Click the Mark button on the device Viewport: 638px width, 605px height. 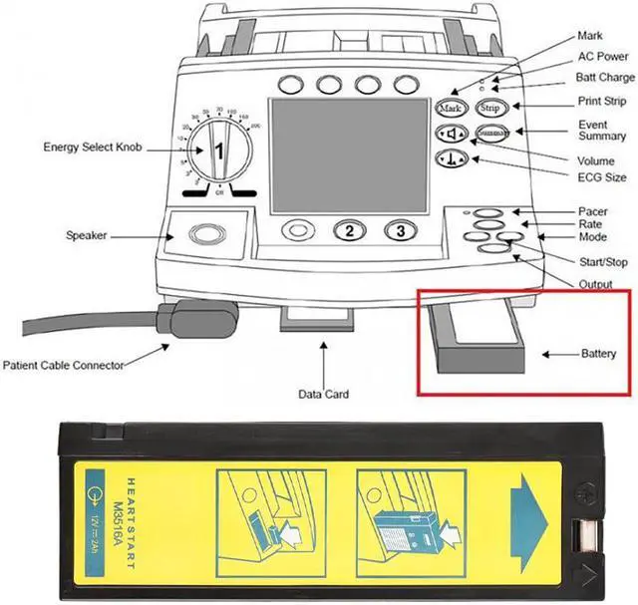coord(450,107)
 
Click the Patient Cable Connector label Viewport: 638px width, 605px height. coord(64,365)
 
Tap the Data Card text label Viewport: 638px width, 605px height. coord(323,395)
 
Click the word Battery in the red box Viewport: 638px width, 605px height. coord(599,354)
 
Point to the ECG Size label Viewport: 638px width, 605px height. coord(602,176)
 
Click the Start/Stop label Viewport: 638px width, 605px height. coord(603,262)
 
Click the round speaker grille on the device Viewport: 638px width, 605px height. coord(206,235)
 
